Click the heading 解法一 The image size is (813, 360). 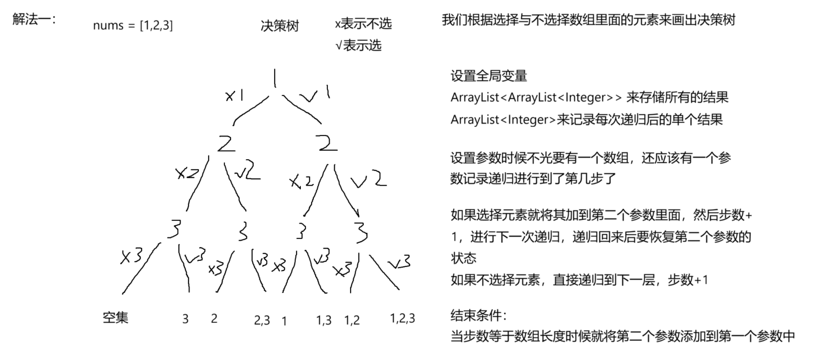coord(34,20)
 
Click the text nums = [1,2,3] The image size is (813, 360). coord(133,25)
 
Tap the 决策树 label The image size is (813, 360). coord(279,26)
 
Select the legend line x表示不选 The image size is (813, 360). coord(363,23)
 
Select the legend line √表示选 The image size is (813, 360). coord(358,45)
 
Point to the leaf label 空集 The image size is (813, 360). coord(115,318)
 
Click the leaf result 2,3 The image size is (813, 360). coord(262,320)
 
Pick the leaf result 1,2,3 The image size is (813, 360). coord(402,318)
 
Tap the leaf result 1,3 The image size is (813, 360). coord(324,320)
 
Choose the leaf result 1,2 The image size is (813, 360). coord(352,320)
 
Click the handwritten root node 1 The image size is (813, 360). coord(275,78)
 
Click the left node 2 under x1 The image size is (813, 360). coord(226,143)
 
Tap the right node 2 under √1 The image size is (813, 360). coord(327,143)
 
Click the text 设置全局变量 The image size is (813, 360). coord(488,75)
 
